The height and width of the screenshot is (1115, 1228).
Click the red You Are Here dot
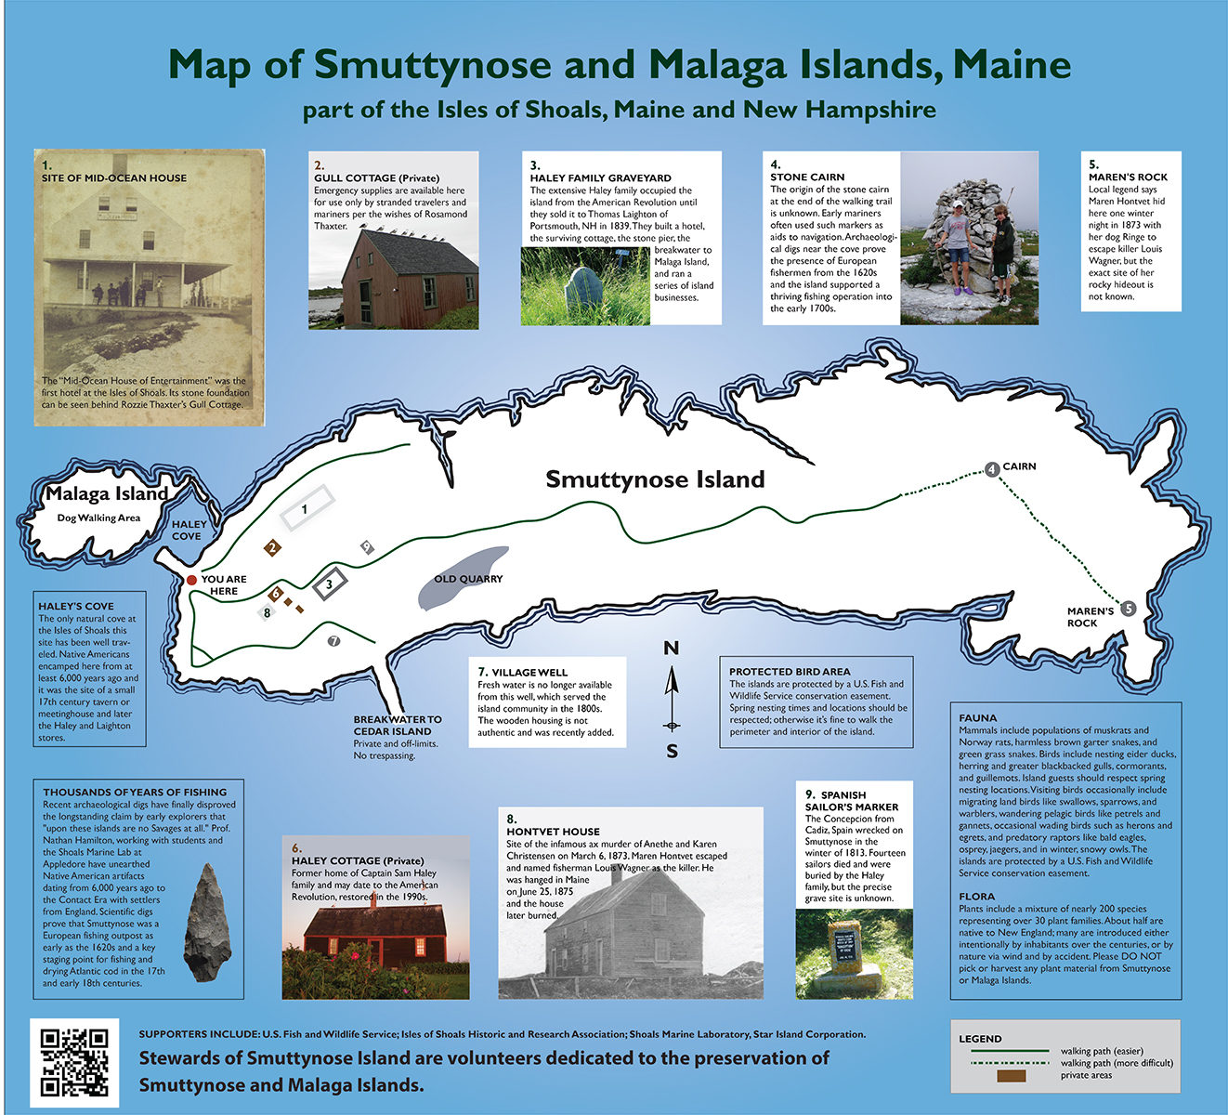(191, 580)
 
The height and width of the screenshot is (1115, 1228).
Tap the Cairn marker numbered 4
(992, 469)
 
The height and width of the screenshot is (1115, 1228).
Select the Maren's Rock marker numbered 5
(1128, 609)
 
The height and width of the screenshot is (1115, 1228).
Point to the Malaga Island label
(107, 494)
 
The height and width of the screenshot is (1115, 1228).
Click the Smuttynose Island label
(655, 479)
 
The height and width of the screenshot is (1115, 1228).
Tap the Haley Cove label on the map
(189, 530)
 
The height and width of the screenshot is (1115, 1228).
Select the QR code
(74, 1062)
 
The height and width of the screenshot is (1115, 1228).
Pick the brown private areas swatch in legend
(1011, 1076)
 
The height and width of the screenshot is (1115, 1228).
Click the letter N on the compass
(671, 648)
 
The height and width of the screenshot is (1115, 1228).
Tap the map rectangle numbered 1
(306, 508)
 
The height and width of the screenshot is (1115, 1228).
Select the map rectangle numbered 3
(329, 585)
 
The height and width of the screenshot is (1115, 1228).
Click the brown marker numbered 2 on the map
(272, 548)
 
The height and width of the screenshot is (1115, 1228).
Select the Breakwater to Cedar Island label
(398, 725)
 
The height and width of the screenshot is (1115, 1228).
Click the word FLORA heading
(976, 897)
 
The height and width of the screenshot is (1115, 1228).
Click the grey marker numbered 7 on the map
(334, 641)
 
